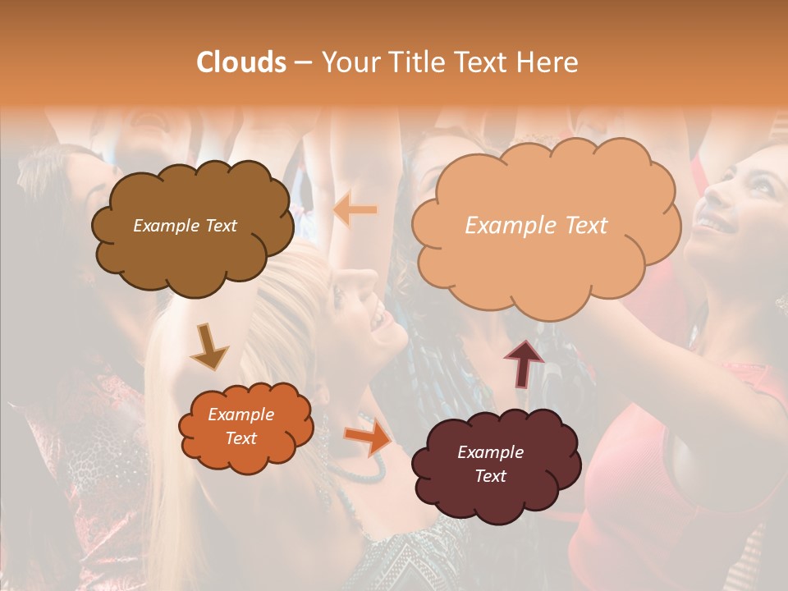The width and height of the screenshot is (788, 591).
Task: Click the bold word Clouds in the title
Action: [x=241, y=62]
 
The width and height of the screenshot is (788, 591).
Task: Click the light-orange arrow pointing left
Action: [x=355, y=210]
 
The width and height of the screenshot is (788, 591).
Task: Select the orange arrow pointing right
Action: [x=369, y=436]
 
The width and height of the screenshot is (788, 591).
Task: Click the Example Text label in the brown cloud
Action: [x=185, y=226]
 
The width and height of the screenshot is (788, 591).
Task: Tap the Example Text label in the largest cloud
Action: [x=536, y=226]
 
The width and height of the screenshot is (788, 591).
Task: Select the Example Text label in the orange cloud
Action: [x=241, y=426]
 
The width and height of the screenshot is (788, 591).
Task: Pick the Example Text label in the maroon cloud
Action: [x=490, y=464]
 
